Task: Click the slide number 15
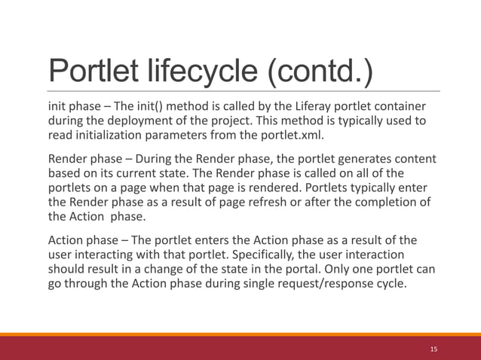click(434, 349)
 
